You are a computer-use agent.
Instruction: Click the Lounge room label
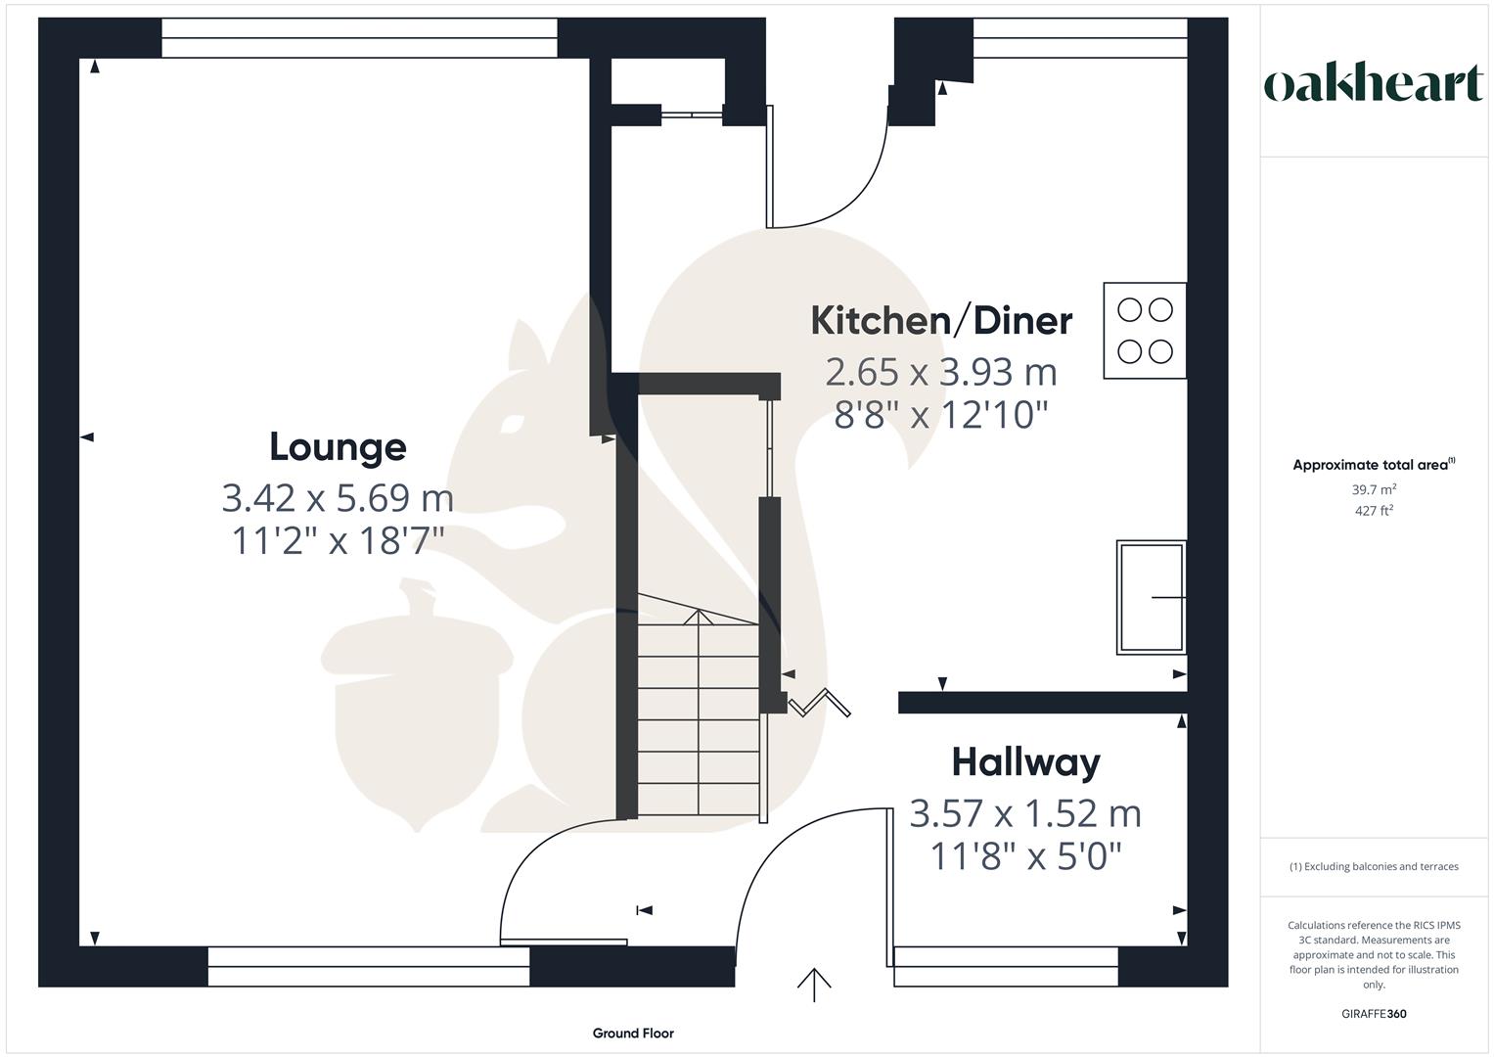(x=338, y=447)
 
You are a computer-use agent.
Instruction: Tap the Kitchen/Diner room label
(x=941, y=321)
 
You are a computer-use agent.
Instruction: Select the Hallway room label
(x=1025, y=762)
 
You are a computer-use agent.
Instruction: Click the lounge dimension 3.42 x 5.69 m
(x=338, y=498)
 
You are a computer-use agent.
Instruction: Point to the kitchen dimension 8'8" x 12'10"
(x=941, y=415)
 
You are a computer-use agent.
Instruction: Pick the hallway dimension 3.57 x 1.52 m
(x=1025, y=813)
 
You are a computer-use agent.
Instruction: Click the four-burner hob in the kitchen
(x=1145, y=331)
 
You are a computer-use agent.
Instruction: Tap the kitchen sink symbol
(x=1152, y=597)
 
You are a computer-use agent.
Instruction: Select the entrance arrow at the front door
(x=814, y=984)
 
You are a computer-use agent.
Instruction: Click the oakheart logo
(x=1374, y=84)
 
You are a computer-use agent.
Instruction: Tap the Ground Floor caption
(x=633, y=1033)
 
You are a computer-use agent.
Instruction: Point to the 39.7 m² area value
(x=1374, y=489)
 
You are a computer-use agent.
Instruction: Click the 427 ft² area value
(x=1374, y=511)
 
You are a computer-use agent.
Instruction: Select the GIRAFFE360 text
(x=1374, y=1014)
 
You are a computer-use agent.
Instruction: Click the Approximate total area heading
(x=1372, y=465)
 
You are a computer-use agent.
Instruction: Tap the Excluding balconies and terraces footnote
(x=1374, y=866)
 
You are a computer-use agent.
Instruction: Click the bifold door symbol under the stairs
(x=819, y=703)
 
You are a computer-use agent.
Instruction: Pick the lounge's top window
(x=359, y=38)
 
